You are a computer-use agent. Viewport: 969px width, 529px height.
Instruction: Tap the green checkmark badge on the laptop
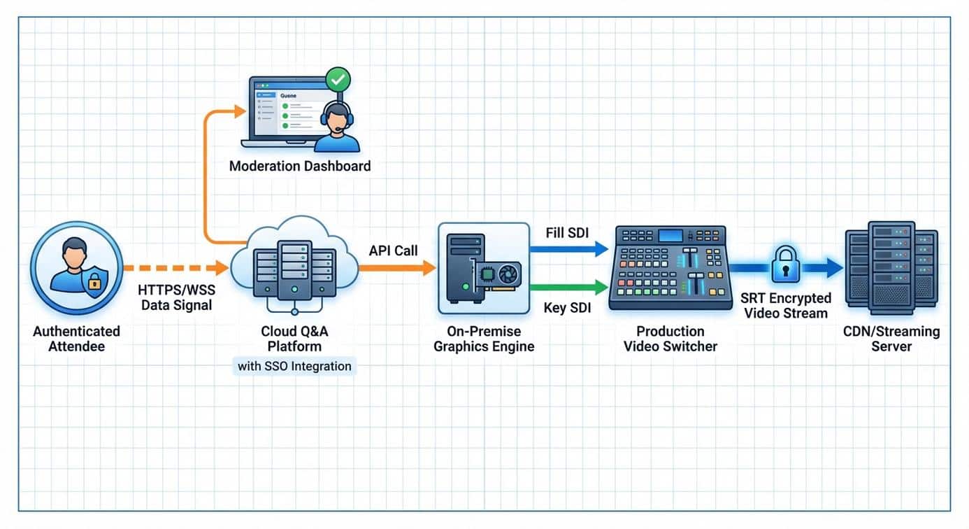(x=339, y=80)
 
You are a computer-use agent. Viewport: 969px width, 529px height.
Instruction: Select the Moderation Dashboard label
(x=300, y=167)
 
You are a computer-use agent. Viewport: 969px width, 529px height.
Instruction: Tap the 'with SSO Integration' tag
(x=294, y=366)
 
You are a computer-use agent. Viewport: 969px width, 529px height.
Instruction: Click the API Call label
(x=392, y=250)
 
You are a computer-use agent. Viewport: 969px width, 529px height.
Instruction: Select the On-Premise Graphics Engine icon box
(x=483, y=268)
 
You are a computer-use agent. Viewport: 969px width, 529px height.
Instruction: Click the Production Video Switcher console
(x=670, y=267)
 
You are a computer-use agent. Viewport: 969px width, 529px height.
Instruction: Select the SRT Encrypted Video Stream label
(x=786, y=306)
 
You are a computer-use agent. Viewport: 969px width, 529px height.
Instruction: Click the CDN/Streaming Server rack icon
(x=891, y=267)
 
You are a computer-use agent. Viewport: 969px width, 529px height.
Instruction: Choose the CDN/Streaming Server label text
(x=891, y=338)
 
